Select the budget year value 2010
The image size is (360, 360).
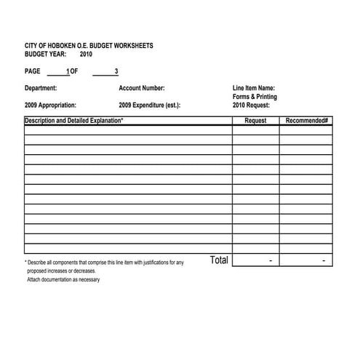tap(87, 54)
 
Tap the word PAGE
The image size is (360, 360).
tap(33, 71)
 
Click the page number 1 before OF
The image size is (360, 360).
tap(68, 71)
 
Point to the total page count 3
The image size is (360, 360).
tap(116, 71)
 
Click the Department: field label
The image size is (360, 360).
tap(41, 88)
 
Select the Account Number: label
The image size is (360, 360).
tap(141, 88)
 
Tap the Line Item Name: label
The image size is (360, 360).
tap(254, 88)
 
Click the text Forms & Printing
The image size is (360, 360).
tap(255, 97)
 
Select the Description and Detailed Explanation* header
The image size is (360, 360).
tap(73, 120)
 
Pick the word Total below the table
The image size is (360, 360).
tap(219, 260)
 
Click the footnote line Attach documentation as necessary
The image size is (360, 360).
tap(63, 280)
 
